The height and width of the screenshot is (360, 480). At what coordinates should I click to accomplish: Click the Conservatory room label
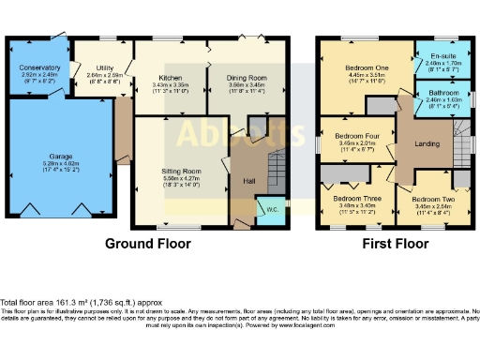(38, 67)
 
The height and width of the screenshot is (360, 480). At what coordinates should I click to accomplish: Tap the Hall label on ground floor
(248, 181)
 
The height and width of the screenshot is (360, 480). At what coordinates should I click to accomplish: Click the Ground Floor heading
(147, 244)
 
